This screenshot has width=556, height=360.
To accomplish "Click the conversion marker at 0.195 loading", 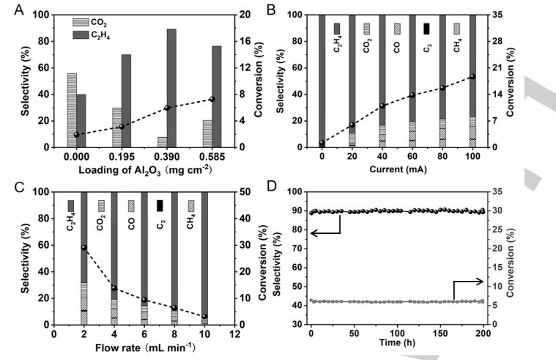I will pos(122,126).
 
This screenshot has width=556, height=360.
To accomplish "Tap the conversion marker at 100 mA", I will pos(472,76).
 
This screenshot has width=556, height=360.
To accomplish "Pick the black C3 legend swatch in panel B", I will pos(426,29).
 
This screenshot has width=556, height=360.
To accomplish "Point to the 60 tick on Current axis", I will pos(412,158).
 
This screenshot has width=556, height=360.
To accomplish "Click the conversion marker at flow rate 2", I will pos(84,248).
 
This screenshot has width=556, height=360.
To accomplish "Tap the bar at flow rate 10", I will pos(204,257).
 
